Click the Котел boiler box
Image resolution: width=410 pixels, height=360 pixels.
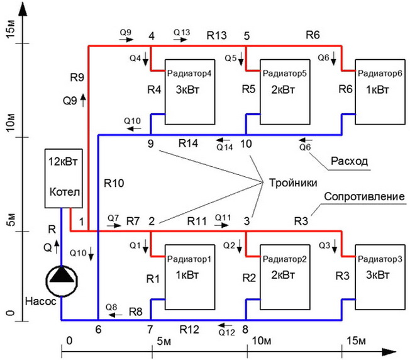pos(62,178)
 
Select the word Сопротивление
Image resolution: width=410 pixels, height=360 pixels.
pos(363,196)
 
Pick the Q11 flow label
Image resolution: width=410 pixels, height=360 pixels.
pos(223,218)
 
